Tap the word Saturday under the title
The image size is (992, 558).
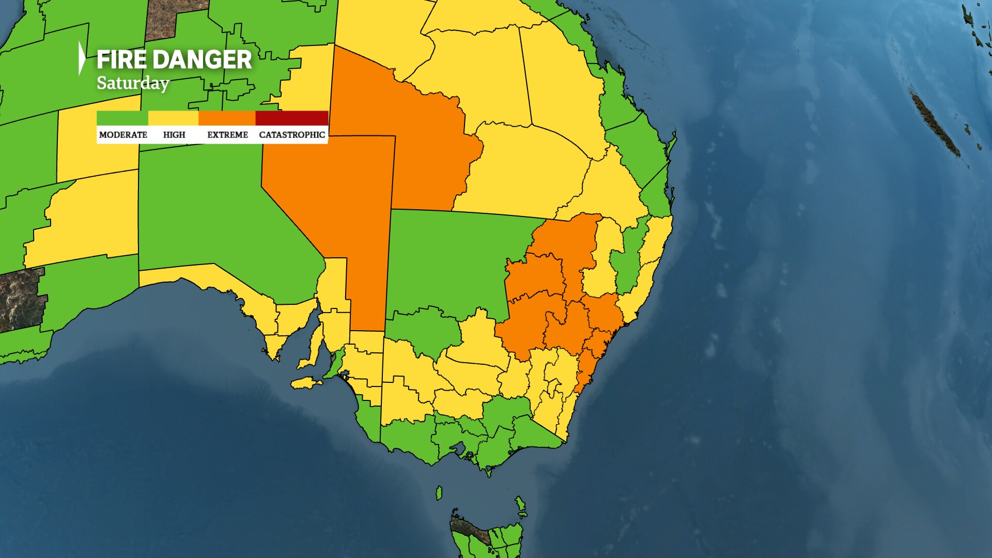pos(133,83)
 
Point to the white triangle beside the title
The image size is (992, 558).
pos(81,58)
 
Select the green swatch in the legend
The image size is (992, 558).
pos(122,118)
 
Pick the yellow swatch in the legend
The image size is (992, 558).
pos(173,118)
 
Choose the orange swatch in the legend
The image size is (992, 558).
pos(227,118)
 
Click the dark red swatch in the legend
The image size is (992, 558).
pos(292,118)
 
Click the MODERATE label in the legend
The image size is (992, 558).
pos(123,135)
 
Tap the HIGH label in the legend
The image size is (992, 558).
pos(174,135)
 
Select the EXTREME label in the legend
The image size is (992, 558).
pos(227,135)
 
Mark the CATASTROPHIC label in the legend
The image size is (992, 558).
pos(292,135)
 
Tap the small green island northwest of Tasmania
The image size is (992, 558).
pos(439,493)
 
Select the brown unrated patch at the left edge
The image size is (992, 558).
pos(21,300)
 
